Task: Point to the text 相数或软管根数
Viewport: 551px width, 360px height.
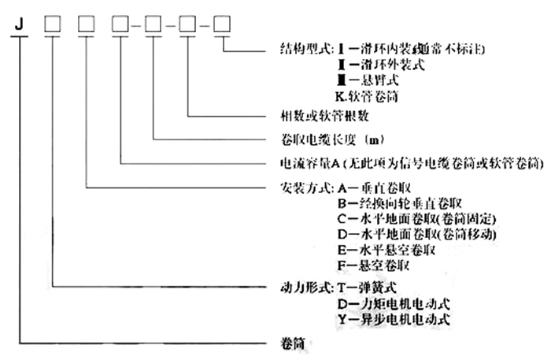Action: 325,117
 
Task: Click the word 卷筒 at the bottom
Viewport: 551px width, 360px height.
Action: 292,344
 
